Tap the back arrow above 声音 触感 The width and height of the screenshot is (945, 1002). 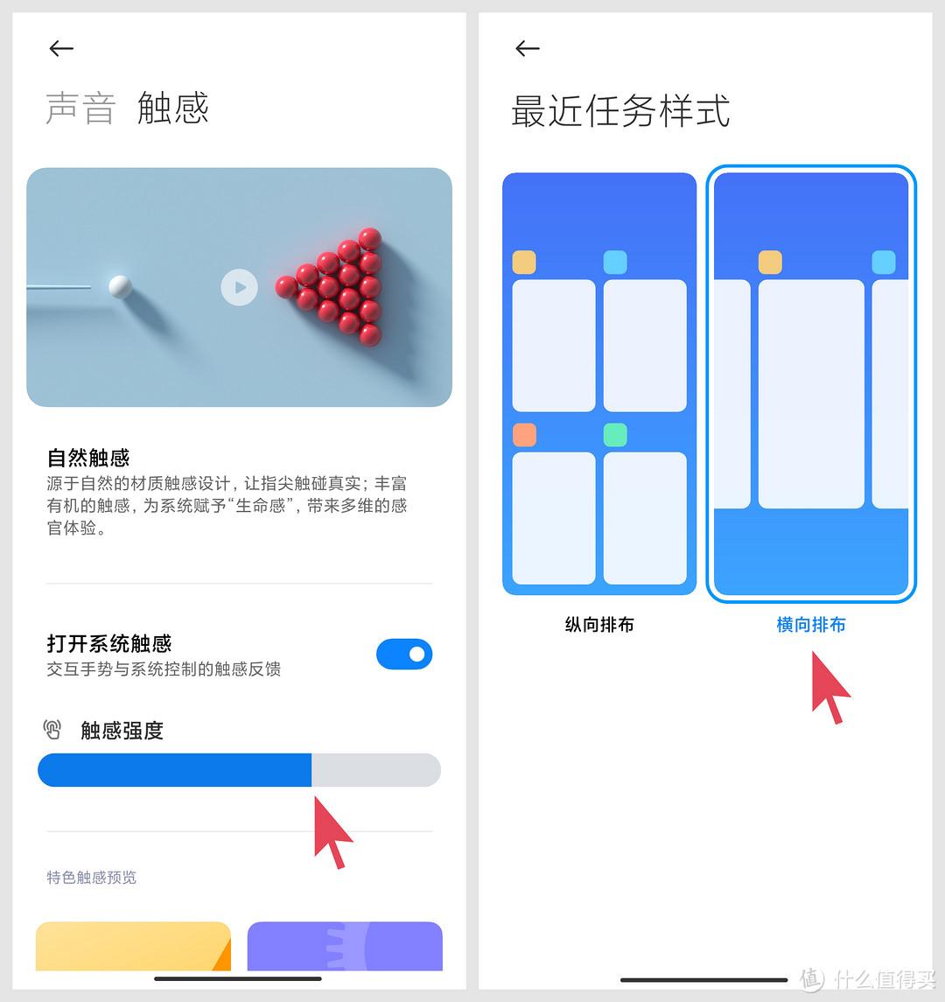61,48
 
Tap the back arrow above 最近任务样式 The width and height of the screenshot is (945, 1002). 528,48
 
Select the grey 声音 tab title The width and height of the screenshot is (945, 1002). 81,108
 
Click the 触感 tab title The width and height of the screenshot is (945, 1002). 173,108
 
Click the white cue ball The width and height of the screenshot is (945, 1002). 120,286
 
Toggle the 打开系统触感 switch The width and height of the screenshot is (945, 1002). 404,654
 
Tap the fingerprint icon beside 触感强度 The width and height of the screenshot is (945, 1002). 52,729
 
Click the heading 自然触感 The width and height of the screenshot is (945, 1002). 88,458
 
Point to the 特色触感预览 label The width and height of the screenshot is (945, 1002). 91,878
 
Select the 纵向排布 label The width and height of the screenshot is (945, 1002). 599,624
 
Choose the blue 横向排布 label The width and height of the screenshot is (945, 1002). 811,624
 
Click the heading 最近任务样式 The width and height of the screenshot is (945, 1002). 620,111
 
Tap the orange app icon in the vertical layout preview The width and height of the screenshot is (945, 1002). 525,435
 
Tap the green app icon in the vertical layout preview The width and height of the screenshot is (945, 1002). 615,435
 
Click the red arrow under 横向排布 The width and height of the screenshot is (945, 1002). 828,687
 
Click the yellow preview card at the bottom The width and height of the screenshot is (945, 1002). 133,946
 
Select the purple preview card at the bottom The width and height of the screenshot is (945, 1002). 345,946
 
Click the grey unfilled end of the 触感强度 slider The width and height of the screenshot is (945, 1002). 375,770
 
